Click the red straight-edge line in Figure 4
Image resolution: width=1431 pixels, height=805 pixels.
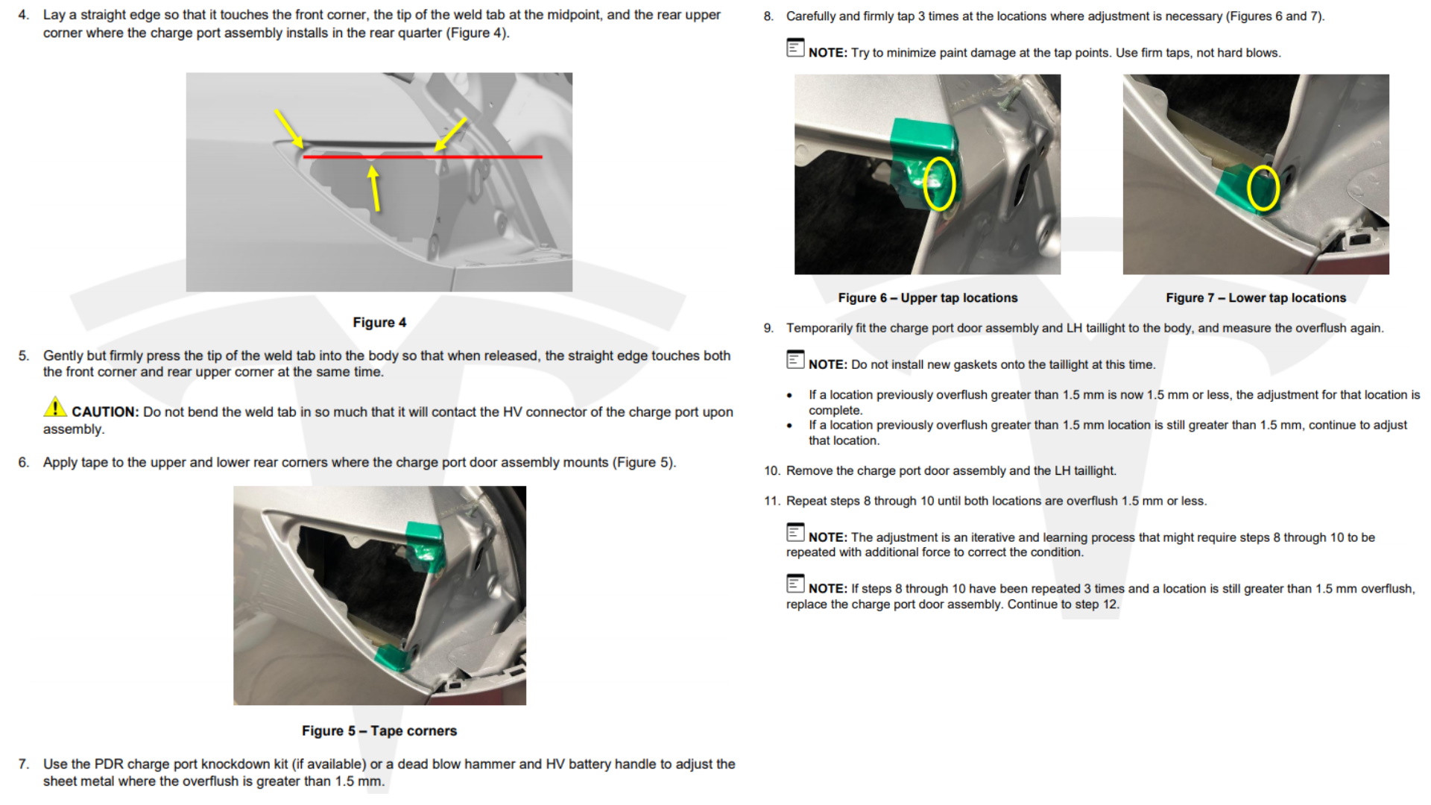[x=423, y=157]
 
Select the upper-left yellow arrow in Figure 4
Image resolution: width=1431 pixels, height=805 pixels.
[x=288, y=129]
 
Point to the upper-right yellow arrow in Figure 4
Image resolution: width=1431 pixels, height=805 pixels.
[x=451, y=134]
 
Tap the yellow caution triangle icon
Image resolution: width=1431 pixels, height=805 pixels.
[x=55, y=407]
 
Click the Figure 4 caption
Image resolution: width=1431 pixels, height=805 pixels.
[x=379, y=322]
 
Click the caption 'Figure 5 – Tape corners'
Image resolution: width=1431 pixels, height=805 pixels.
[x=379, y=730]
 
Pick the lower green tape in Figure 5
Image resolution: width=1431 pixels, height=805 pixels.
[x=395, y=657]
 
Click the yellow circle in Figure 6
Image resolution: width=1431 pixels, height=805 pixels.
[x=939, y=183]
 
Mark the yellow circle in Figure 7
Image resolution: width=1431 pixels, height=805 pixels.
[x=1263, y=187]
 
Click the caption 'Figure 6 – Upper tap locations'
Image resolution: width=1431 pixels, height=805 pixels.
[x=928, y=297]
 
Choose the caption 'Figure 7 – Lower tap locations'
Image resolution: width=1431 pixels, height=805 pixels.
[x=1256, y=297]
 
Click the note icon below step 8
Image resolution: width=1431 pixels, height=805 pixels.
[x=795, y=48]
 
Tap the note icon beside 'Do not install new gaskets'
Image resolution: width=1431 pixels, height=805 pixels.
[x=795, y=359]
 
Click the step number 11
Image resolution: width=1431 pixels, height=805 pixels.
[x=771, y=501]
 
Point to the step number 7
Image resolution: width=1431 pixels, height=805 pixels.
[x=24, y=764]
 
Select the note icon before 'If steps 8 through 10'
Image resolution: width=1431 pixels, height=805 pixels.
[x=795, y=584]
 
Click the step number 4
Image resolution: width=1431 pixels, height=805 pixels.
[x=24, y=15]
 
